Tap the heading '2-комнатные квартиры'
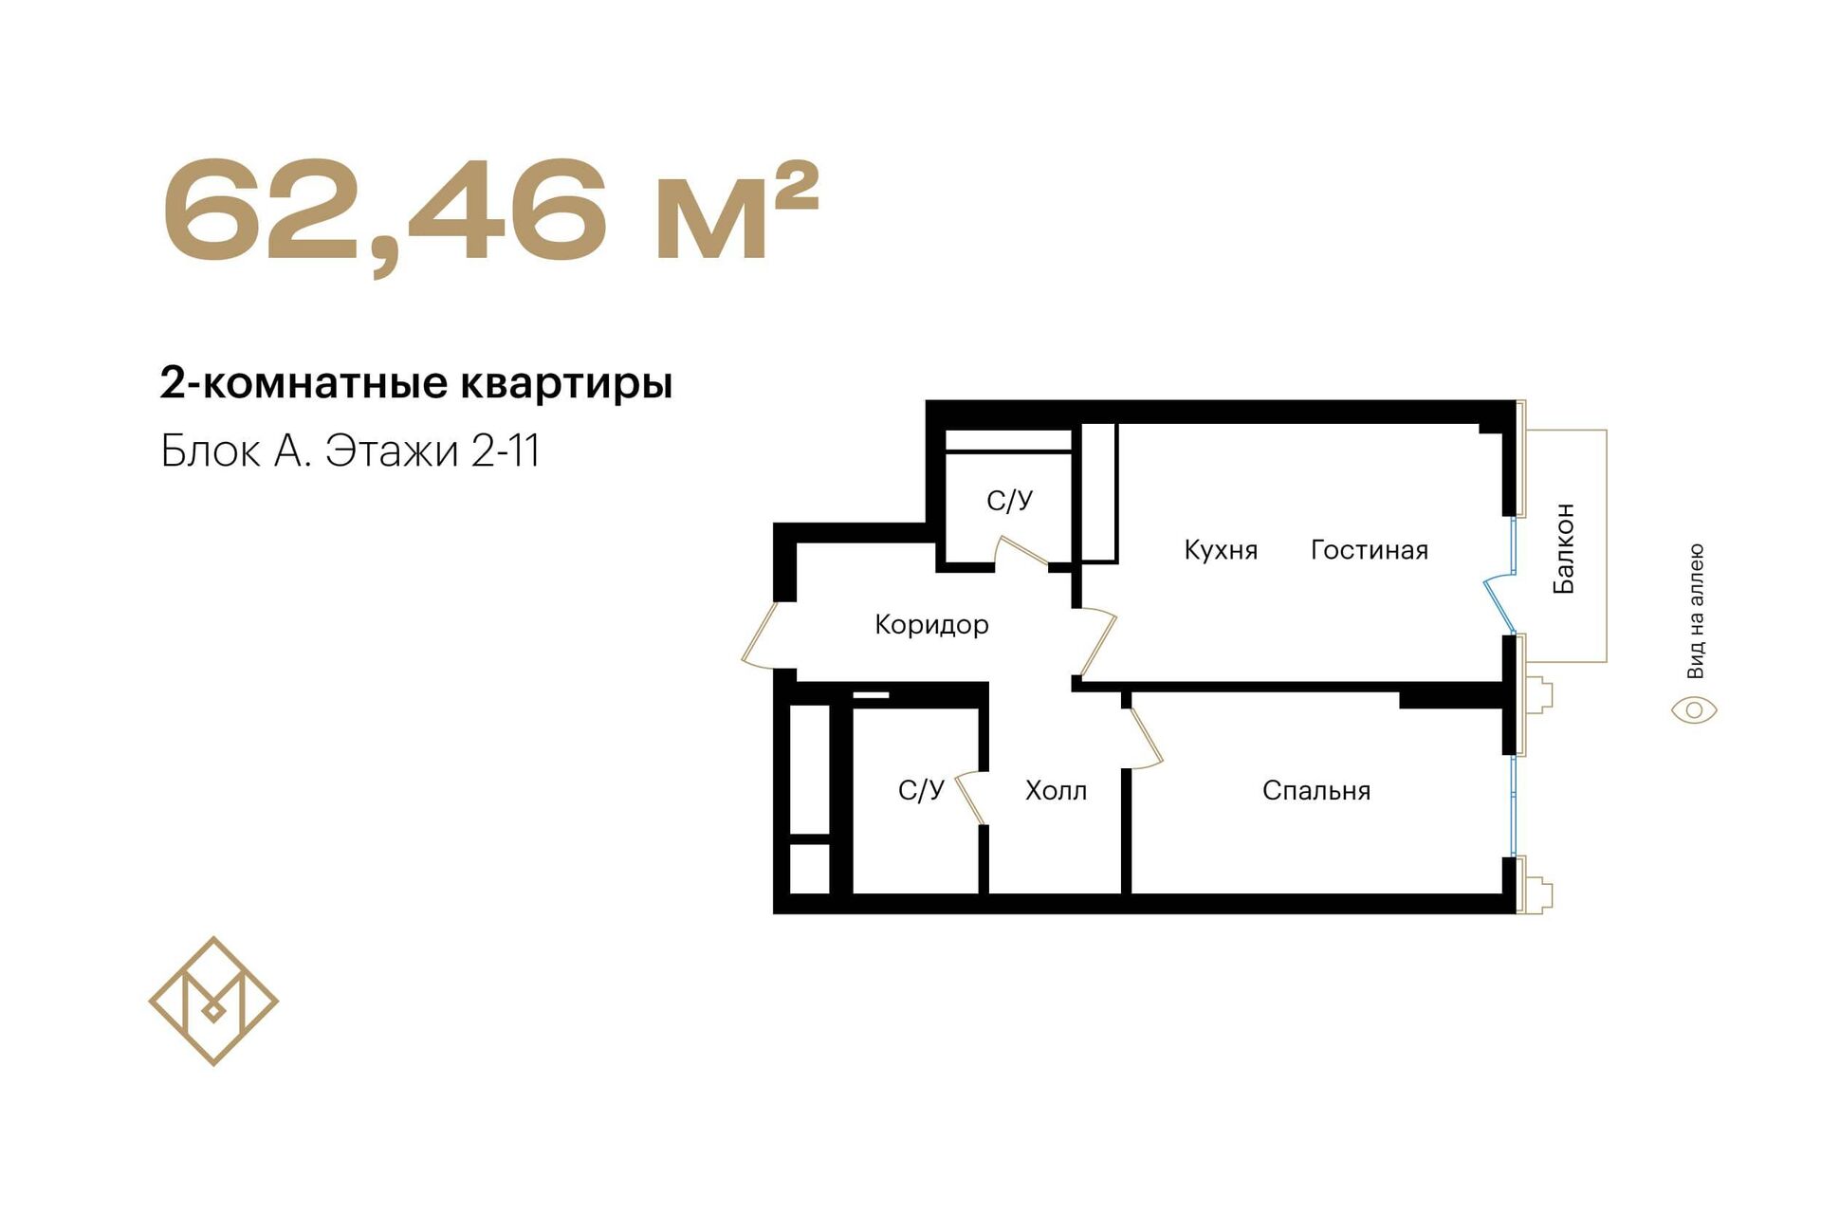click(416, 384)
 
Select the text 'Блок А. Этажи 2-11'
click(350, 451)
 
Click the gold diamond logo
click(213, 1001)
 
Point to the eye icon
click(1694, 710)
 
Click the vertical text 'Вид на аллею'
click(1696, 611)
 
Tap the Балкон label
click(1564, 549)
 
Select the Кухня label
click(1221, 550)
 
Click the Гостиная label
click(1370, 550)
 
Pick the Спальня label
click(1316, 791)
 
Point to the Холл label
click(1056, 791)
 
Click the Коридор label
click(931, 625)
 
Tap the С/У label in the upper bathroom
click(1009, 501)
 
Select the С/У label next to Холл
click(921, 790)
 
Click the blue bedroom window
click(1513, 806)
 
